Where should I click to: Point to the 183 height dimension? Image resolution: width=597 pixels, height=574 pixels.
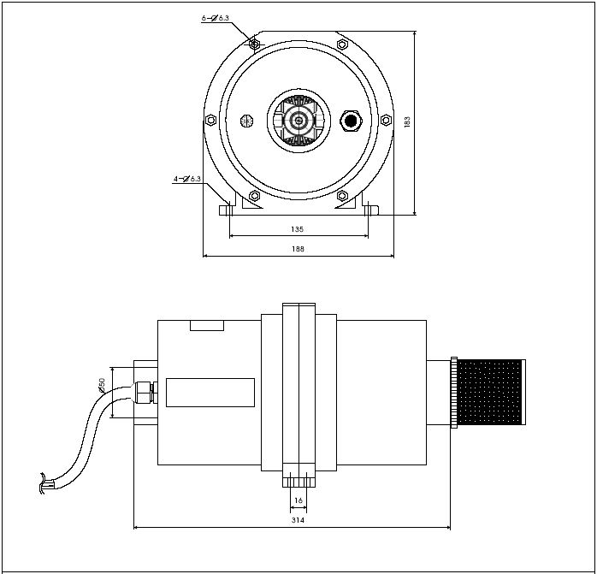point(408,122)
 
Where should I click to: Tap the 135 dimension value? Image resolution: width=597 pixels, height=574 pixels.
point(298,229)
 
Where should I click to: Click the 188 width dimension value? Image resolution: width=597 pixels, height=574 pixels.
point(298,249)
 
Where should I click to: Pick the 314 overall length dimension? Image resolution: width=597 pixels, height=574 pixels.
point(298,520)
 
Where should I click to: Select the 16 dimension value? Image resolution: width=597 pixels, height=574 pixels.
point(298,500)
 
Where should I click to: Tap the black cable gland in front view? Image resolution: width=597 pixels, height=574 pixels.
point(351,120)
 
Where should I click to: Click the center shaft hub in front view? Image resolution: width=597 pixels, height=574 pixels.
point(298,121)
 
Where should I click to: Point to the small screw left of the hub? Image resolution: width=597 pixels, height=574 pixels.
point(247,120)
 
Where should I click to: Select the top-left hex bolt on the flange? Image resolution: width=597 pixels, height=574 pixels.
point(254,44)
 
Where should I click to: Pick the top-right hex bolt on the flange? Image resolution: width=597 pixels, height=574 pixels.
point(342,44)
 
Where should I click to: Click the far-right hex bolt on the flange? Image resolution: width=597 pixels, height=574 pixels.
point(387,121)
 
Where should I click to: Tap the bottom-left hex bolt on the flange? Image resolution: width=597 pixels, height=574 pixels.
point(254,196)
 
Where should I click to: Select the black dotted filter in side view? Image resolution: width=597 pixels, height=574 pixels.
point(490,392)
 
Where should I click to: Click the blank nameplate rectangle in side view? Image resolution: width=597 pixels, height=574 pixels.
point(210,392)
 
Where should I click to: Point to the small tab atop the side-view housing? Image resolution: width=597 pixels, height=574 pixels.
point(206,325)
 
